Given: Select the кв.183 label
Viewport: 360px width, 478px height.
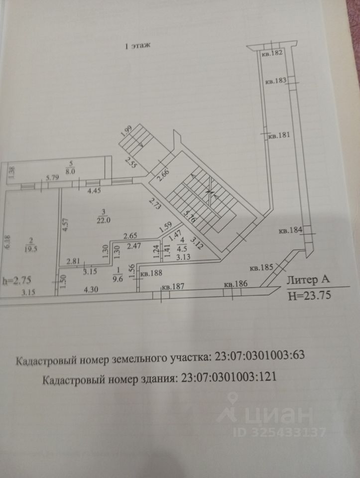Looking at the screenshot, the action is pos(275,81).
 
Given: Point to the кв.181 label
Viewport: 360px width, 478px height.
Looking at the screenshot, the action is pos(278,135).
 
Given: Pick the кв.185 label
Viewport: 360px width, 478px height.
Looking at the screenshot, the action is pos(261,268).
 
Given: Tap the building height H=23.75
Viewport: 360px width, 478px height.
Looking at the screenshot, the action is pos(310,296).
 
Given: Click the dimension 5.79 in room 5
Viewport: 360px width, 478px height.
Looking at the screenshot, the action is pos(52,177).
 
